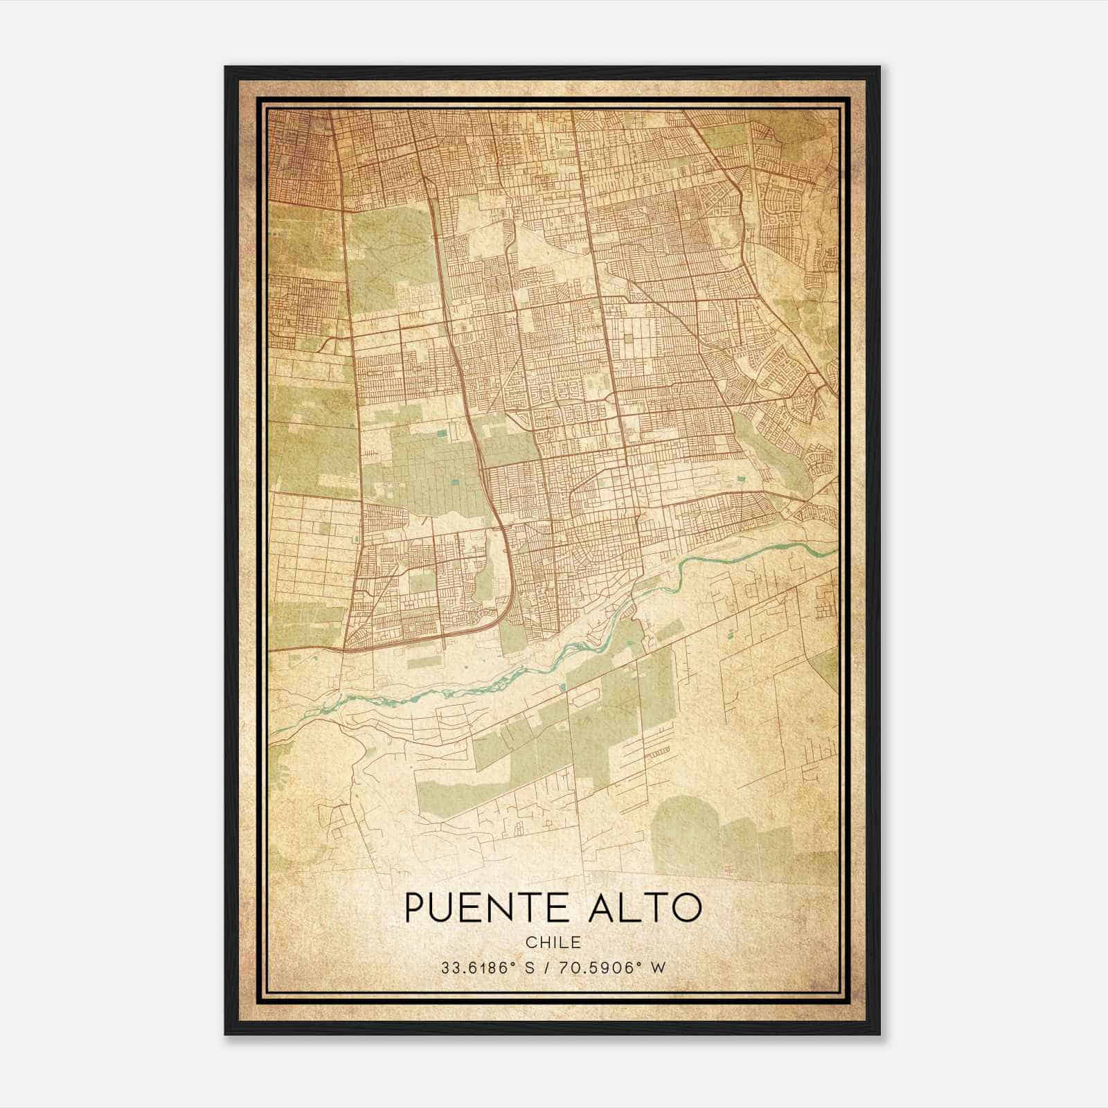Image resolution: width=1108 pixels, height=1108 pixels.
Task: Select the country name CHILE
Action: coord(553,942)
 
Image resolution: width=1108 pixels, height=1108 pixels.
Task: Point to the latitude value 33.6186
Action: coord(474,968)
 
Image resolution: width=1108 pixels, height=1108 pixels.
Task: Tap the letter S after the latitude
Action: coord(530,968)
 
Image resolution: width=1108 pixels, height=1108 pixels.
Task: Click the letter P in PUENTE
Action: coord(415,908)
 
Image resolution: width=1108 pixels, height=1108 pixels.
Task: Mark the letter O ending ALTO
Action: coord(688,908)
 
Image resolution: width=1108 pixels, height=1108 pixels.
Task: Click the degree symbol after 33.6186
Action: coord(512,964)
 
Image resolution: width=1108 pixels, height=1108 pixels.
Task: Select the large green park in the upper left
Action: coord(388,256)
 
